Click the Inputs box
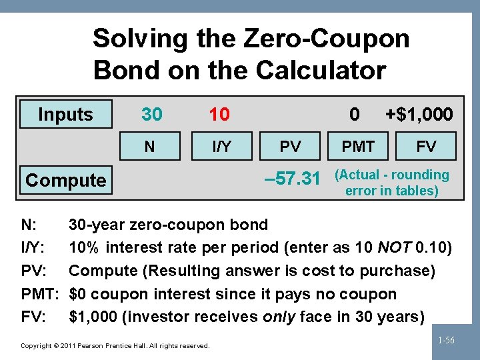[65, 115]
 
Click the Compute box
[65, 180]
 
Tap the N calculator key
[150, 146]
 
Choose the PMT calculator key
[358, 146]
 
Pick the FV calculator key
[426, 146]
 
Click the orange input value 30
[151, 115]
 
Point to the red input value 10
[219, 115]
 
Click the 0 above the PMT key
[355, 115]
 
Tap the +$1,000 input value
[419, 115]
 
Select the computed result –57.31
[293, 179]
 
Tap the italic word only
[278, 317]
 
